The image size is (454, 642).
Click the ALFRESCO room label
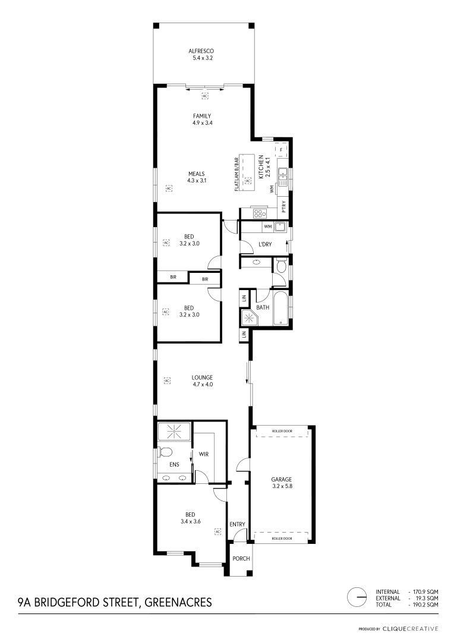(201, 51)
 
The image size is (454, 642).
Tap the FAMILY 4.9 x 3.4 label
(202, 119)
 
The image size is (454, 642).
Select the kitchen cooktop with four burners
(260, 213)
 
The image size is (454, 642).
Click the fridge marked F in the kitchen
(281, 150)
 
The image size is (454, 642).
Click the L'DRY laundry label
(265, 244)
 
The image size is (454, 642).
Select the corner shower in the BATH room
(249, 317)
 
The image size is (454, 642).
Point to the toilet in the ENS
(165, 452)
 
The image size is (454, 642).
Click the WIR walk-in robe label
(204, 454)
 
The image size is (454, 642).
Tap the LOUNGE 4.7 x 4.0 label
(203, 381)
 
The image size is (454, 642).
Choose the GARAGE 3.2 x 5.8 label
(282, 483)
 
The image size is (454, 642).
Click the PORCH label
(241, 558)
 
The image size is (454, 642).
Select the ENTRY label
(238, 524)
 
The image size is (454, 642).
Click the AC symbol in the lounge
(167, 381)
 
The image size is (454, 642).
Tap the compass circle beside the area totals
(357, 597)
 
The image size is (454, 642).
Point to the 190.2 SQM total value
(423, 605)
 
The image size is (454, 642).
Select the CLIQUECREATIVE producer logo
(410, 629)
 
